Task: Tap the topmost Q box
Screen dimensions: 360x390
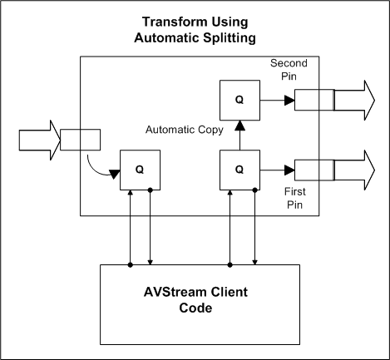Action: pyautogui.click(x=239, y=100)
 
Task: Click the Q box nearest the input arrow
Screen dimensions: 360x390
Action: pyautogui.click(x=141, y=170)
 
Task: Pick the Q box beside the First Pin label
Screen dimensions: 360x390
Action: pyautogui.click(x=239, y=170)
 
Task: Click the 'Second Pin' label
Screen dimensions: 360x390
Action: pyautogui.click(x=289, y=71)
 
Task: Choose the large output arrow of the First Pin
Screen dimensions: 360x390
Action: pyautogui.click(x=355, y=170)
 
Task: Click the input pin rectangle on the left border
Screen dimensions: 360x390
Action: pyautogui.click(x=81, y=138)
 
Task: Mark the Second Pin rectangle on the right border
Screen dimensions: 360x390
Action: pyautogui.click(x=313, y=100)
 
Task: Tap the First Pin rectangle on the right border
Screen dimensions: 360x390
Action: pyautogui.click(x=313, y=170)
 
